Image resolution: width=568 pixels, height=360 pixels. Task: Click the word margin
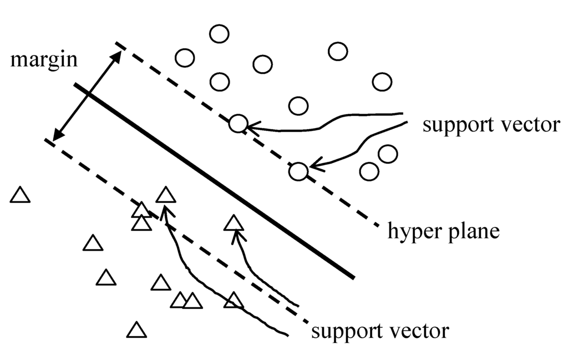[44, 59]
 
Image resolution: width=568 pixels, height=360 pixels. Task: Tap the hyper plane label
[444, 230]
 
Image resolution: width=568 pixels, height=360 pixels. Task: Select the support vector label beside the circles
[491, 125]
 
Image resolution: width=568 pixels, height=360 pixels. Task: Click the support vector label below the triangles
[380, 331]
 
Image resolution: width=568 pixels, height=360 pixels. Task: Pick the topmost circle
[219, 34]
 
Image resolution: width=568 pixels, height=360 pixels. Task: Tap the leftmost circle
[184, 58]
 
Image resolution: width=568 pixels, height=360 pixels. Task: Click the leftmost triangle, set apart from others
[21, 195]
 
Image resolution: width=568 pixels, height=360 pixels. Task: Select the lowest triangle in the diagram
[136, 331]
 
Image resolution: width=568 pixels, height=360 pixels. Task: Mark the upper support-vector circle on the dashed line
[238, 124]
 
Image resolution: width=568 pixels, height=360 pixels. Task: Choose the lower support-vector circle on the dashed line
[298, 171]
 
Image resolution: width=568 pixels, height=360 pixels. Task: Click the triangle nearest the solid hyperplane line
[234, 224]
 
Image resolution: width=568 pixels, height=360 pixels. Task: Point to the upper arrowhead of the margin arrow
[118, 54]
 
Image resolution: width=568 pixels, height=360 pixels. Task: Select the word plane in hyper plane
[475, 230]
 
